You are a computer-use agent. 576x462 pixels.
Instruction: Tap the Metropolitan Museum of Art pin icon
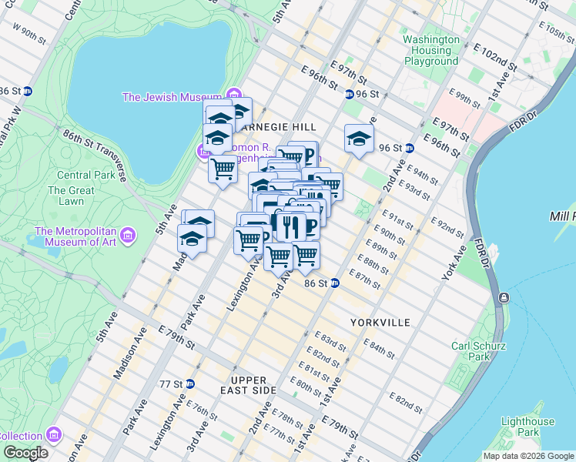129,233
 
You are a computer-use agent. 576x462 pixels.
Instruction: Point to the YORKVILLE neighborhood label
380,322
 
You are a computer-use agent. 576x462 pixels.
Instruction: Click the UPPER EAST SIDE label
248,385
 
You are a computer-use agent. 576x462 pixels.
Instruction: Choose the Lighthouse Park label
527,427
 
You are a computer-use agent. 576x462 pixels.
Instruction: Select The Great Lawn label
71,196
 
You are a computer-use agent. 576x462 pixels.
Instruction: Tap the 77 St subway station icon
189,383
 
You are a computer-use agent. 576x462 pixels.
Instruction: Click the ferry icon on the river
503,297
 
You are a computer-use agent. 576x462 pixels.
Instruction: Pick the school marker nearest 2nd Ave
358,139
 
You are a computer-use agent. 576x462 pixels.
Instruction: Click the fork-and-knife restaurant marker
290,226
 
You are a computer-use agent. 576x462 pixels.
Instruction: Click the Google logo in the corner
25,453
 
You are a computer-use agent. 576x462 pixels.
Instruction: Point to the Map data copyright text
527,455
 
